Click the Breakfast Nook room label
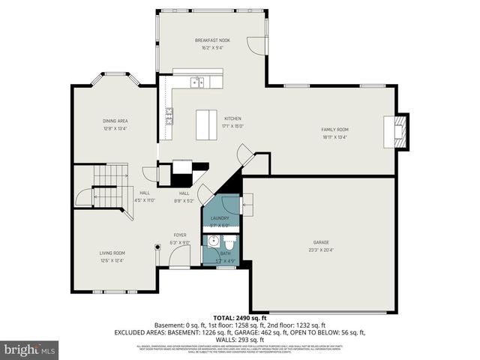pos(211,40)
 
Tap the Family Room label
pos(335,129)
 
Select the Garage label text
pos(321,242)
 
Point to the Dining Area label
pos(115,120)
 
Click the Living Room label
pos(112,253)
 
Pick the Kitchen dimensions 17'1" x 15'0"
pos(232,126)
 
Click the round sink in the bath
pos(213,242)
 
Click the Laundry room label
pos(220,218)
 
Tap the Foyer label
pos(180,235)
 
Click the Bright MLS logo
pos(30,349)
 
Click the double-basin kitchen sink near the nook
pos(197,82)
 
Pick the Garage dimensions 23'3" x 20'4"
pos(321,250)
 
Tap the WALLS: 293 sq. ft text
pos(239,339)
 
